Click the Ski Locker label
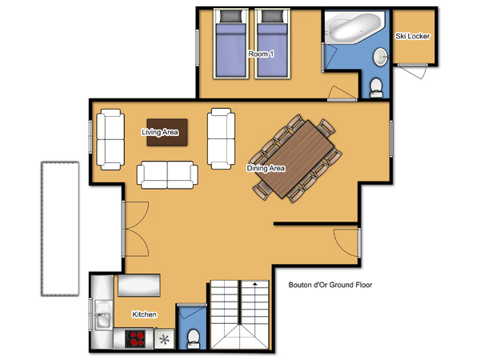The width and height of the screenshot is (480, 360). tap(412, 36)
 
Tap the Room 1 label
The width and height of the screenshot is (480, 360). tap(261, 54)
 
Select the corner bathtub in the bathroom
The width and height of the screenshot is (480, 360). tap(354, 27)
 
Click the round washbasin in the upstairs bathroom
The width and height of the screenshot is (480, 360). tap(381, 57)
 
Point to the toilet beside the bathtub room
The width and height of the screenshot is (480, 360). tap(376, 87)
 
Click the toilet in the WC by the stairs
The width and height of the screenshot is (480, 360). tap(193, 339)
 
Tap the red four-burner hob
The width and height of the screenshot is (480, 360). tap(135, 338)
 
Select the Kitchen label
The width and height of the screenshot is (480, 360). tap(144, 314)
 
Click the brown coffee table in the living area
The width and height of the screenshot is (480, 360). tap(167, 132)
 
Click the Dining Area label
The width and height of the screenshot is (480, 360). tap(266, 168)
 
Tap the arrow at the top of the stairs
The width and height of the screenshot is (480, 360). tap(254, 284)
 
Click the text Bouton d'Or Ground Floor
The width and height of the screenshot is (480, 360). tap(330, 285)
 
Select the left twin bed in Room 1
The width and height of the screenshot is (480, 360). tap(231, 44)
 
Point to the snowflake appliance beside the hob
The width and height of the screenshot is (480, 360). tap(164, 339)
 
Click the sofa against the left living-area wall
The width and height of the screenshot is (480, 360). tap(110, 139)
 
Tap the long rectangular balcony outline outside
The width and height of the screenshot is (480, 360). tap(60, 229)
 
